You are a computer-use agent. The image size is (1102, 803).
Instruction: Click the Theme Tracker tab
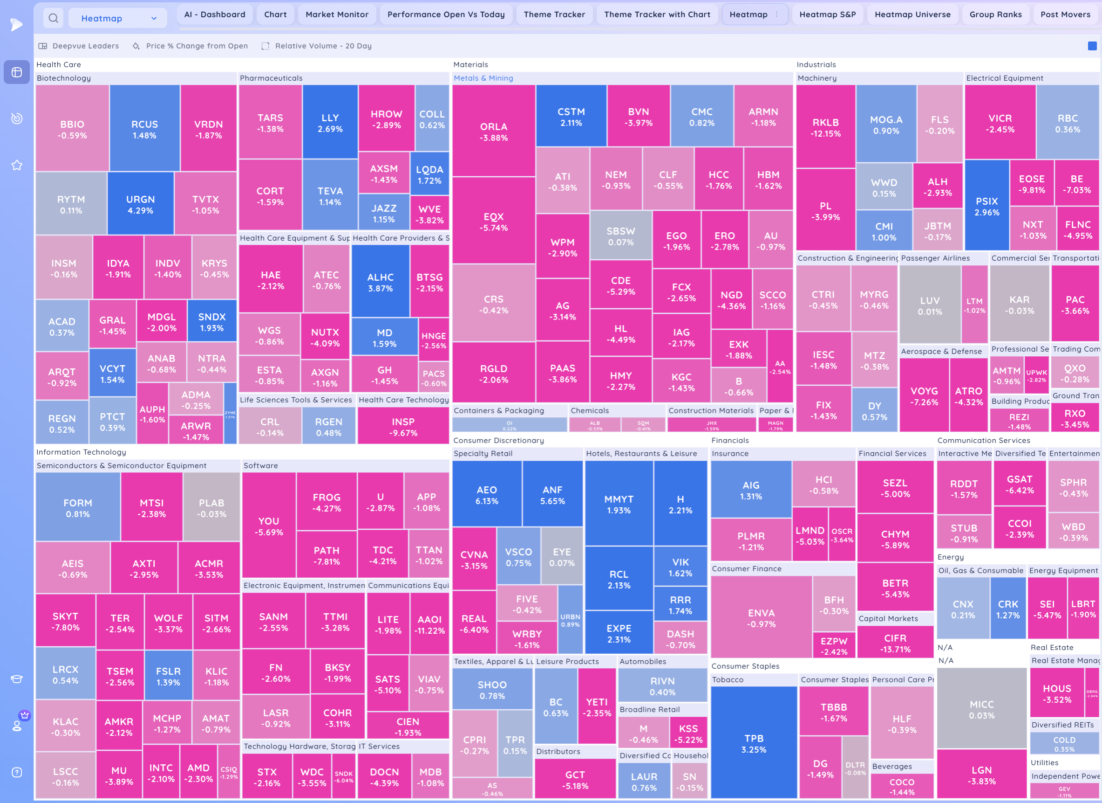tap(554, 14)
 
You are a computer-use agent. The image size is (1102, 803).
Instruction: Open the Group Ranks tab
tap(995, 14)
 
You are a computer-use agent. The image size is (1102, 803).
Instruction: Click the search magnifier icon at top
tap(54, 19)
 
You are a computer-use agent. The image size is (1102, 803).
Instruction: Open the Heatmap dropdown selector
tap(118, 19)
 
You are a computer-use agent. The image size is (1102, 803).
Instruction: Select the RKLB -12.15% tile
tap(825, 127)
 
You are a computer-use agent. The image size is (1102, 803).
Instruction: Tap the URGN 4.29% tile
tap(140, 204)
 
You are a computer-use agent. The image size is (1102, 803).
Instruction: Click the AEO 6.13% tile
tap(486, 495)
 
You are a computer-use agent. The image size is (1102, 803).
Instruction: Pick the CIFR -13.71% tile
tap(895, 643)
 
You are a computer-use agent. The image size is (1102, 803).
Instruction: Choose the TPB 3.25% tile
tap(753, 743)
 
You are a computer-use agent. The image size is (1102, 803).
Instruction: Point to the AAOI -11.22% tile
tap(429, 624)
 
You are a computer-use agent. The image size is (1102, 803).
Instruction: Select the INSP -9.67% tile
tap(403, 427)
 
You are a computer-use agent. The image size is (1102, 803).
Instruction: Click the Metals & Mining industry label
tap(483, 78)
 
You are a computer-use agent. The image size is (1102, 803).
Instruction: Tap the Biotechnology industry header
tap(64, 78)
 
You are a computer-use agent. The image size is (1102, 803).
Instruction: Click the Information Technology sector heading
tap(81, 452)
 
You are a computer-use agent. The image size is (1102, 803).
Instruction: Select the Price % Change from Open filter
tap(196, 46)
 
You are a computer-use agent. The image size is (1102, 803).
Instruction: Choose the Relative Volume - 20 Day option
tap(323, 46)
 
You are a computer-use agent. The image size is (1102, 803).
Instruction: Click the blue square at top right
tap(1092, 46)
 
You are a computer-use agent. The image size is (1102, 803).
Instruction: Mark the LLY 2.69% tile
tap(330, 123)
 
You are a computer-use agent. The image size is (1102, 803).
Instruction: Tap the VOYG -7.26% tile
tap(924, 396)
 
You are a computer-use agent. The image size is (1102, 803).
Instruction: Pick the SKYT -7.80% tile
tap(65, 621)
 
